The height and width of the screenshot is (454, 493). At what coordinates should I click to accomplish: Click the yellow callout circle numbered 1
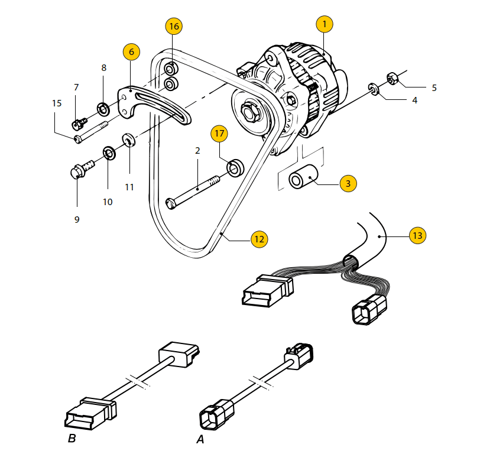coord(324,24)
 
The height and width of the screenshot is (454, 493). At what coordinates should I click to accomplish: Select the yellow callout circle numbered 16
coord(174,26)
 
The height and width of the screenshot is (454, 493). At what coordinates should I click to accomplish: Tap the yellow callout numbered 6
coord(131,51)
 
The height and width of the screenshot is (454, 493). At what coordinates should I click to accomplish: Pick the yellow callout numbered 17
coord(219,134)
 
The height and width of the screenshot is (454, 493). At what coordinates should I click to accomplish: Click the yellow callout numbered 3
coord(348,183)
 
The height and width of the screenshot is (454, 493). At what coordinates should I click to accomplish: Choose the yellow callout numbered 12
coord(260,239)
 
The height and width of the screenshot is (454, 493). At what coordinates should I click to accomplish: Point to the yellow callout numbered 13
coord(417,235)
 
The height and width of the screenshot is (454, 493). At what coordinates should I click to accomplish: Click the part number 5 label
coord(434,87)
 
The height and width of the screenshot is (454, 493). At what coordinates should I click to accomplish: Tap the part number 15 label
coord(57,103)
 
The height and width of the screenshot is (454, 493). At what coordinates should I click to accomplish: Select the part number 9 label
coord(77,219)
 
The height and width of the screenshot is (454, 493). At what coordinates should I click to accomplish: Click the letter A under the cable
coord(200,439)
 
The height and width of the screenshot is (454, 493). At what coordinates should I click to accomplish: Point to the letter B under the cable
coord(72,438)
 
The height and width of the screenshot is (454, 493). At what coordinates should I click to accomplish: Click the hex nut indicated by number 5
coord(392,78)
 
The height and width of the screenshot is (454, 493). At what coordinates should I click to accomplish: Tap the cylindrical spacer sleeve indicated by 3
coord(303,177)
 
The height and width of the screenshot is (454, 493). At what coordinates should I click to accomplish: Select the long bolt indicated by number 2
coord(193,192)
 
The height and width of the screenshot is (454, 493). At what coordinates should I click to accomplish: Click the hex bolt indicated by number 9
coord(82,168)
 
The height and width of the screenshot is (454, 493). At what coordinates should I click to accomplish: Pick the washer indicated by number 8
coord(103,109)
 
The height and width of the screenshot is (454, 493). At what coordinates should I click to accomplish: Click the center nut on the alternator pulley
coord(249,111)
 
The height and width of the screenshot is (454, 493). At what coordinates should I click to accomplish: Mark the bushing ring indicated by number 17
coord(235,168)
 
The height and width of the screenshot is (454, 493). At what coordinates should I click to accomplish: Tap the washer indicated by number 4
coord(374,89)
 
